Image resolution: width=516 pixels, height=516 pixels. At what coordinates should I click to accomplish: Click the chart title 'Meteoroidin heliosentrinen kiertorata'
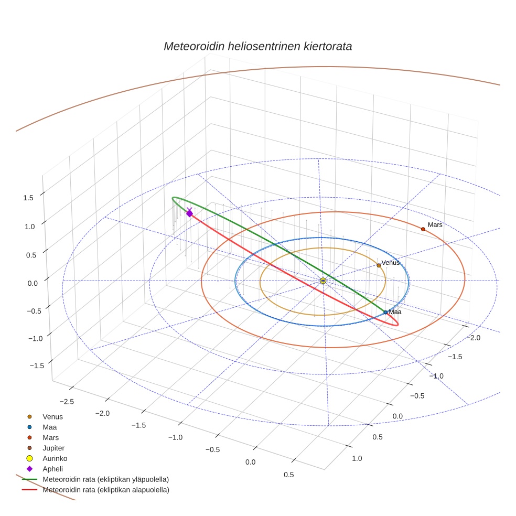(x=257, y=46)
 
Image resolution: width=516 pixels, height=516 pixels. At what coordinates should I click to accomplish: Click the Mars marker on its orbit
(x=423, y=229)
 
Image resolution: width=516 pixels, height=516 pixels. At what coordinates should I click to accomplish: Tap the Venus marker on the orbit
(x=379, y=265)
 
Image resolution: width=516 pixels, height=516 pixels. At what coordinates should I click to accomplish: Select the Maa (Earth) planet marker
(x=385, y=313)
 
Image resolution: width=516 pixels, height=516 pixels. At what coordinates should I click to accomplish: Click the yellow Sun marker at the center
(x=323, y=281)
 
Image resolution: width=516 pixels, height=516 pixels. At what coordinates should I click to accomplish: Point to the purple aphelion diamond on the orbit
(x=189, y=213)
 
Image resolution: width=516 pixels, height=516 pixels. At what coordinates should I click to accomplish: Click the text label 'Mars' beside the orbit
(x=435, y=224)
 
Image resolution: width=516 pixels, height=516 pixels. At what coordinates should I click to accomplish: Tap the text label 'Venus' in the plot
(x=391, y=262)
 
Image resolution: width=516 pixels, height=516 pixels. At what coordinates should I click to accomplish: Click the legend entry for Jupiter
(x=53, y=448)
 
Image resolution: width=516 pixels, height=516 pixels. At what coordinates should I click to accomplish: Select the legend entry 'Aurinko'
(x=55, y=458)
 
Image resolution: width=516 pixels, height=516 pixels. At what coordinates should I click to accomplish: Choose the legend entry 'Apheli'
(x=52, y=469)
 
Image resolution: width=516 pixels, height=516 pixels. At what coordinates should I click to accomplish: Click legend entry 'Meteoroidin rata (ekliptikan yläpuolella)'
(x=105, y=479)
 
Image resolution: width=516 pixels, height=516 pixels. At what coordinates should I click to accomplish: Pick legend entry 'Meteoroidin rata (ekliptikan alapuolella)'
(x=105, y=490)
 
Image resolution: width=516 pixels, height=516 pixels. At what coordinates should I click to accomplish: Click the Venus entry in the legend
(x=52, y=417)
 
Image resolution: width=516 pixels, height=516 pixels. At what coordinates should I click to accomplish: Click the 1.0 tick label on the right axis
(x=357, y=458)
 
